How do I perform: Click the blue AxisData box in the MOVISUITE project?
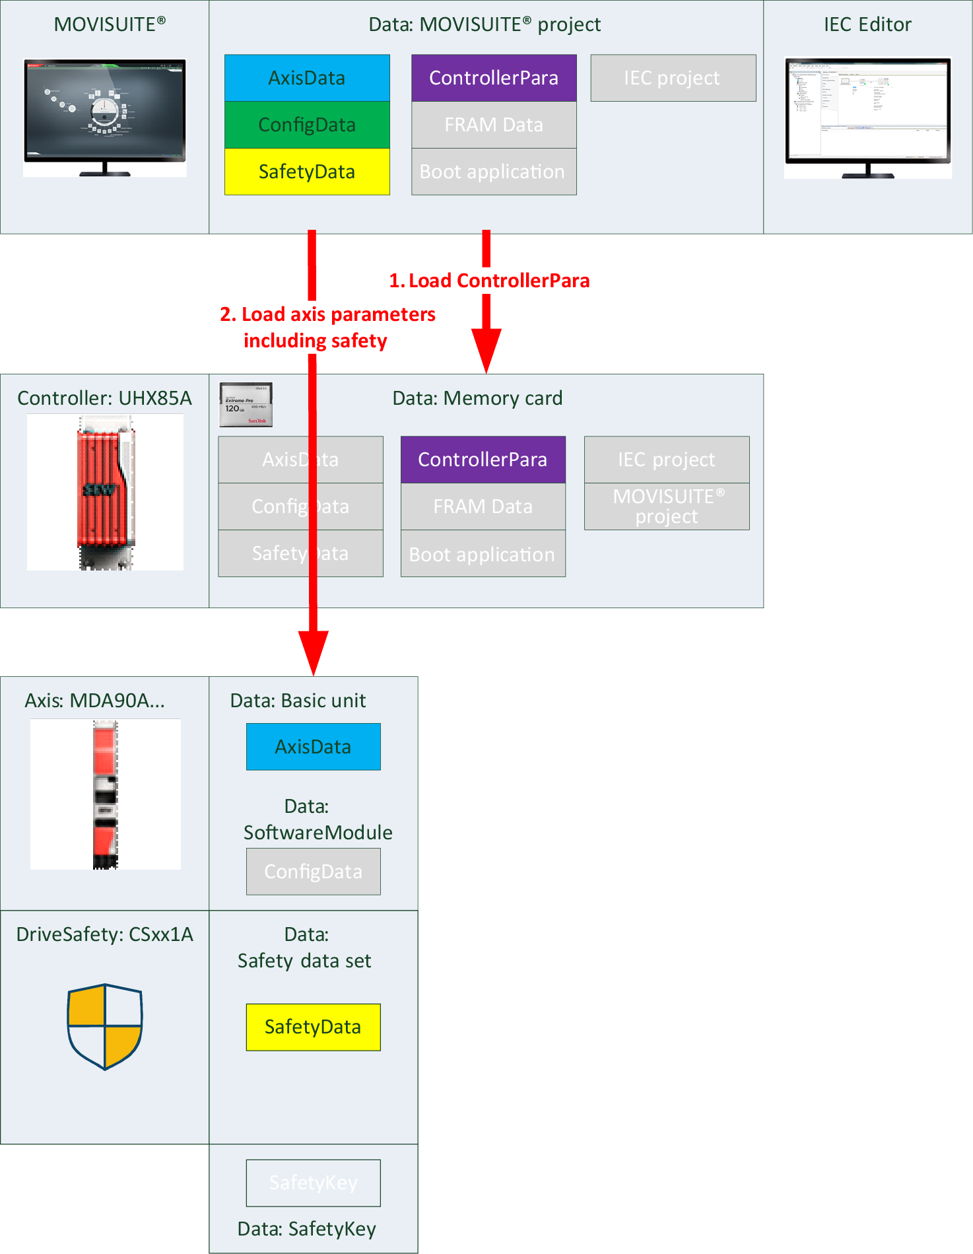(307, 78)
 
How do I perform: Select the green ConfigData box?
(307, 125)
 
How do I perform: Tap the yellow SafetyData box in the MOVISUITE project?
(307, 172)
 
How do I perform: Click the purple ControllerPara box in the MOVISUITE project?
(494, 78)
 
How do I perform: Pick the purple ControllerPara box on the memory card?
(483, 460)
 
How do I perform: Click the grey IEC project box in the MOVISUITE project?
(673, 78)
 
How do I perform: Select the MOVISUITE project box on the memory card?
(667, 506)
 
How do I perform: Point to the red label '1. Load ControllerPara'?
(489, 281)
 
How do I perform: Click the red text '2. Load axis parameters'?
(327, 314)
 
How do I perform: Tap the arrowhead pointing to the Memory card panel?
(487, 350)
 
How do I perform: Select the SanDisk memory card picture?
(246, 404)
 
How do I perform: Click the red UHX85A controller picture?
(106, 492)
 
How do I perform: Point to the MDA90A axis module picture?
(105, 794)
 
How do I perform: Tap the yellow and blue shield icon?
(105, 1026)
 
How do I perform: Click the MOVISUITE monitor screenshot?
(105, 116)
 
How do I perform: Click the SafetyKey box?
(314, 1183)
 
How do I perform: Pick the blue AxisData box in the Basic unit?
(314, 747)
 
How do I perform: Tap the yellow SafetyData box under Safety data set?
(314, 1027)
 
